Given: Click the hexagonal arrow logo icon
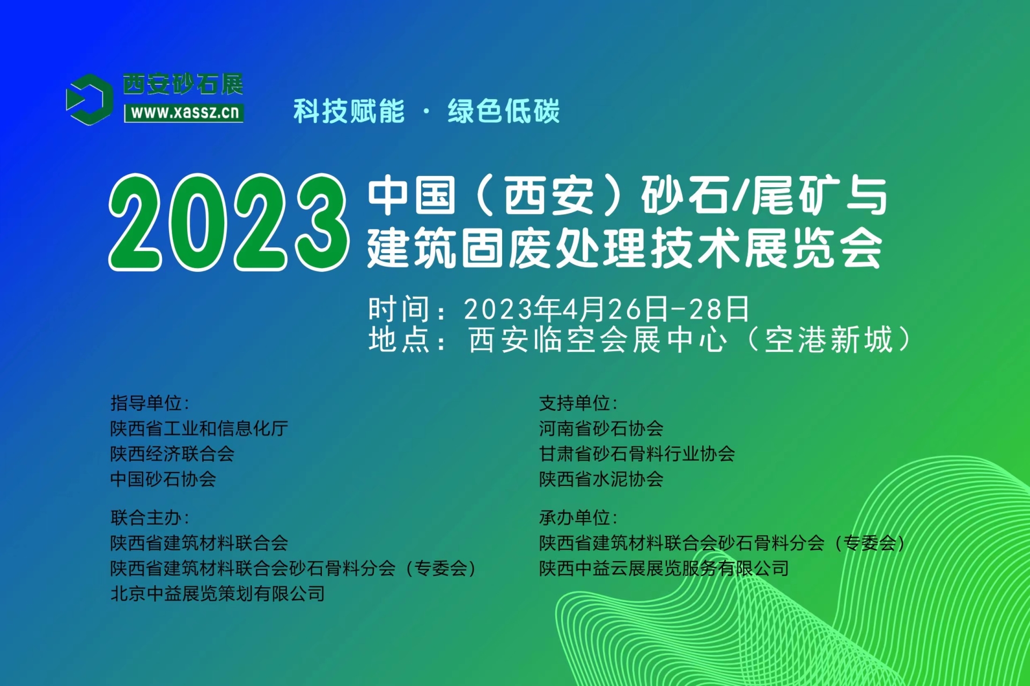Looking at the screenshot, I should (x=89, y=100).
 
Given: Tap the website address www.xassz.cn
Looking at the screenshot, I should (x=185, y=113).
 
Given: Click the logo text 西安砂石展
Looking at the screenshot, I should (x=183, y=84).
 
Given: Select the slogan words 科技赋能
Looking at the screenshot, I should (x=349, y=112).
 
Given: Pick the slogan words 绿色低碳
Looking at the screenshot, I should (x=504, y=112).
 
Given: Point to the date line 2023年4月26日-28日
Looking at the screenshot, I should (x=606, y=309).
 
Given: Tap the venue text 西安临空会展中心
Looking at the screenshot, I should (x=598, y=340).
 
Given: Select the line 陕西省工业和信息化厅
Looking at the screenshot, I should (x=199, y=429).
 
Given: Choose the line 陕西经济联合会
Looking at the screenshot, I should (x=172, y=454).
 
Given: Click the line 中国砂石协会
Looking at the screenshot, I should (x=163, y=479).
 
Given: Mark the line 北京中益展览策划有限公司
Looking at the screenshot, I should (x=217, y=594).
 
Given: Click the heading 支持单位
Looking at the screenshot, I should (x=578, y=403).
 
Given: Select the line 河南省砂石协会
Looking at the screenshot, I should (x=601, y=429).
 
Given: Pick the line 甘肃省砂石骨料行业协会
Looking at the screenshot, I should (x=637, y=454).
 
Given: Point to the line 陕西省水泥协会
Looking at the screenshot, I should (x=601, y=479).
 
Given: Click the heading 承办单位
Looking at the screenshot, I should (x=578, y=518).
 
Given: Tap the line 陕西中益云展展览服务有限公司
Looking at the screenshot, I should (x=664, y=569).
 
